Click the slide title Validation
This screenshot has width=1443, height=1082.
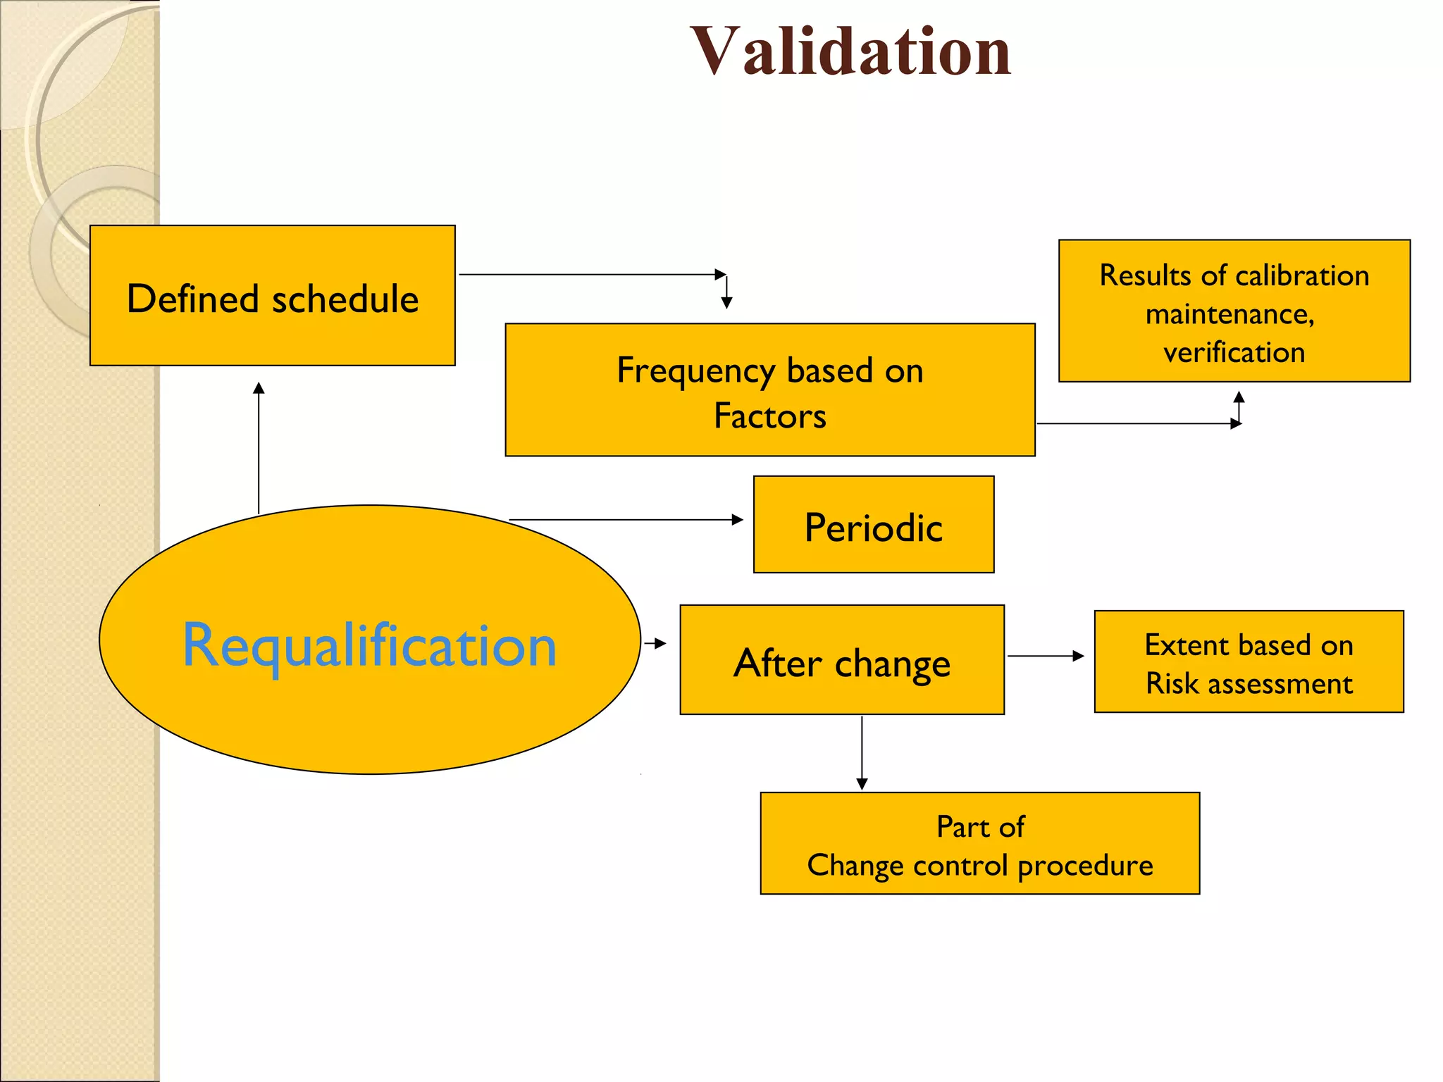tap(850, 51)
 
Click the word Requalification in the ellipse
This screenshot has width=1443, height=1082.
tap(369, 645)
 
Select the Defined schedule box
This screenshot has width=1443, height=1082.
tap(272, 296)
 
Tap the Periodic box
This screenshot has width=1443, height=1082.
tap(873, 526)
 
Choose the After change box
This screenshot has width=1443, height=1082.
tap(841, 661)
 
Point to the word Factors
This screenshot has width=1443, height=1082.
tap(769, 416)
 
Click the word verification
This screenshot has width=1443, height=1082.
tap(1234, 352)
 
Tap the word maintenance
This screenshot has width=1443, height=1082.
tap(1230, 314)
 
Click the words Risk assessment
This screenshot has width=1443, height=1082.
tap(1249, 683)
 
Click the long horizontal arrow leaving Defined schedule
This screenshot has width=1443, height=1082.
tap(592, 274)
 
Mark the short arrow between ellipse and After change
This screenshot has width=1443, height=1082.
tap(655, 643)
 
